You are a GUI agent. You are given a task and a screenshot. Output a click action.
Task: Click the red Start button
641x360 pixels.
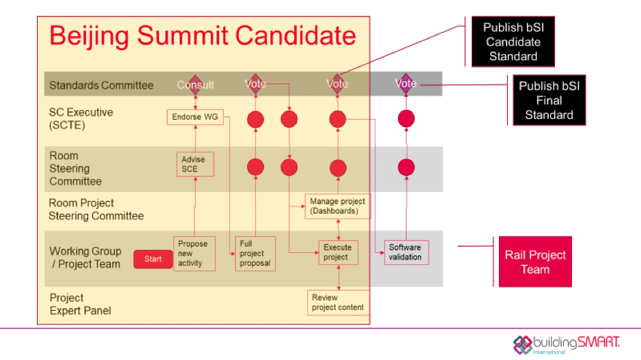click(x=153, y=259)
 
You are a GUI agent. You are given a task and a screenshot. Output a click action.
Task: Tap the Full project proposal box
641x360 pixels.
click(x=255, y=253)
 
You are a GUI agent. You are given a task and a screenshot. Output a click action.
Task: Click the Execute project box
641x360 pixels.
click(x=338, y=253)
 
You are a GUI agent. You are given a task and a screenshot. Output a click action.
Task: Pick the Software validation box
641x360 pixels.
click(x=406, y=252)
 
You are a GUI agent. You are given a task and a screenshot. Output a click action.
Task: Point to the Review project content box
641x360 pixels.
click(x=338, y=302)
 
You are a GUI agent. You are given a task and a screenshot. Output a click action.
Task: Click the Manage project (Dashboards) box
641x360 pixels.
click(x=338, y=206)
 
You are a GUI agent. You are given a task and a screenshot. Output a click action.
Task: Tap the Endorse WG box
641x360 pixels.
click(x=195, y=117)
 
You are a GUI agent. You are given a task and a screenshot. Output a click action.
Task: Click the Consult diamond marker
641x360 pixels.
click(x=195, y=84)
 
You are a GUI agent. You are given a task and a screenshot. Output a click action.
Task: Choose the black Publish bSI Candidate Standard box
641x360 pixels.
click(x=513, y=42)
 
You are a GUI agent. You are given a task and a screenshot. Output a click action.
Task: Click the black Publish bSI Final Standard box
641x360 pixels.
click(x=549, y=100)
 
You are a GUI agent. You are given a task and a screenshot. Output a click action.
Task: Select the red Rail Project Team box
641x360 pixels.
click(x=535, y=262)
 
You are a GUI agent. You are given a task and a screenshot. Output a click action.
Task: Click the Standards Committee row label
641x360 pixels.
click(x=101, y=85)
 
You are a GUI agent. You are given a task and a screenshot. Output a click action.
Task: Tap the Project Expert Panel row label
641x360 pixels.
click(x=80, y=304)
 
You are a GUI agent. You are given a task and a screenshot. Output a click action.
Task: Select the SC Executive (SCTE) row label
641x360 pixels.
click(x=81, y=118)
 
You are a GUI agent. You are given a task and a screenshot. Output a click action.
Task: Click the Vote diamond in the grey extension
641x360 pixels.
click(x=406, y=83)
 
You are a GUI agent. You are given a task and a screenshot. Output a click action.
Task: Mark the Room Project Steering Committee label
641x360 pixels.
click(x=96, y=209)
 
